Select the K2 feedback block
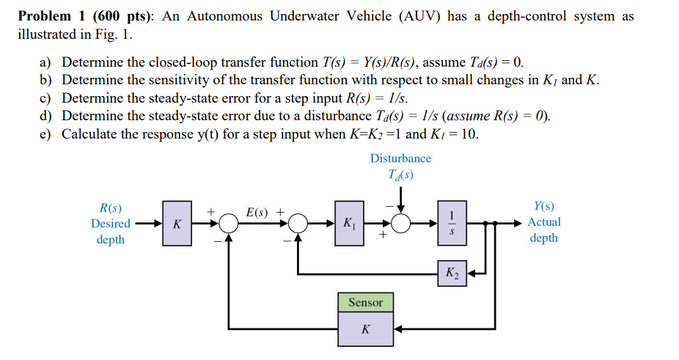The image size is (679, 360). (x=452, y=273)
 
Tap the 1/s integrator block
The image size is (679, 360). (x=452, y=222)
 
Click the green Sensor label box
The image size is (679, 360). (x=365, y=302)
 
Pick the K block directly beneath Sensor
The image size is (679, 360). (x=365, y=329)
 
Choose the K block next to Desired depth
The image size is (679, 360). (x=176, y=222)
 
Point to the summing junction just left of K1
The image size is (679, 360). (x=298, y=222)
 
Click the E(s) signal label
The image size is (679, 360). (x=257, y=213)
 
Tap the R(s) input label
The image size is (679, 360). (x=110, y=207)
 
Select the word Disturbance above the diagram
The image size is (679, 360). (x=400, y=158)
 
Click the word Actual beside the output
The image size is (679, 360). (x=544, y=222)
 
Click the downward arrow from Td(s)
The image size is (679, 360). (x=401, y=198)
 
